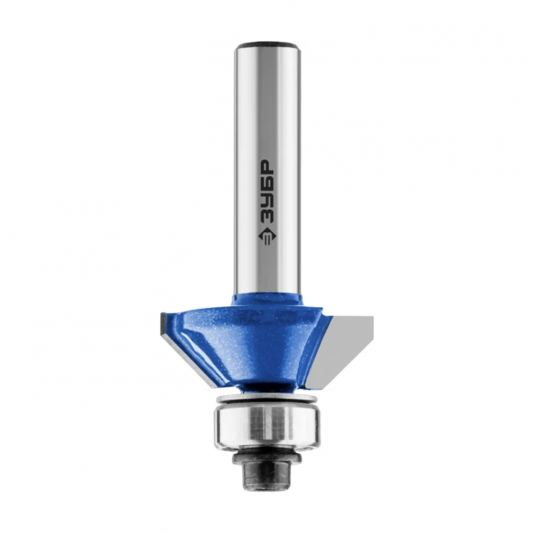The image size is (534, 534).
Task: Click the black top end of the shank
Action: pyautogui.click(x=267, y=45)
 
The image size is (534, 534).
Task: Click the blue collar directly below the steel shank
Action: pyautogui.click(x=267, y=300)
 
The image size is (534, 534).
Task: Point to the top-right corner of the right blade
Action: pyautogui.click(x=374, y=316)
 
